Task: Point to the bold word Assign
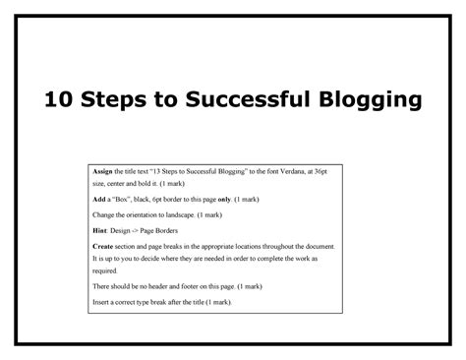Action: (105, 169)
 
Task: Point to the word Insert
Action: (104, 302)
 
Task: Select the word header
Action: (166, 287)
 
